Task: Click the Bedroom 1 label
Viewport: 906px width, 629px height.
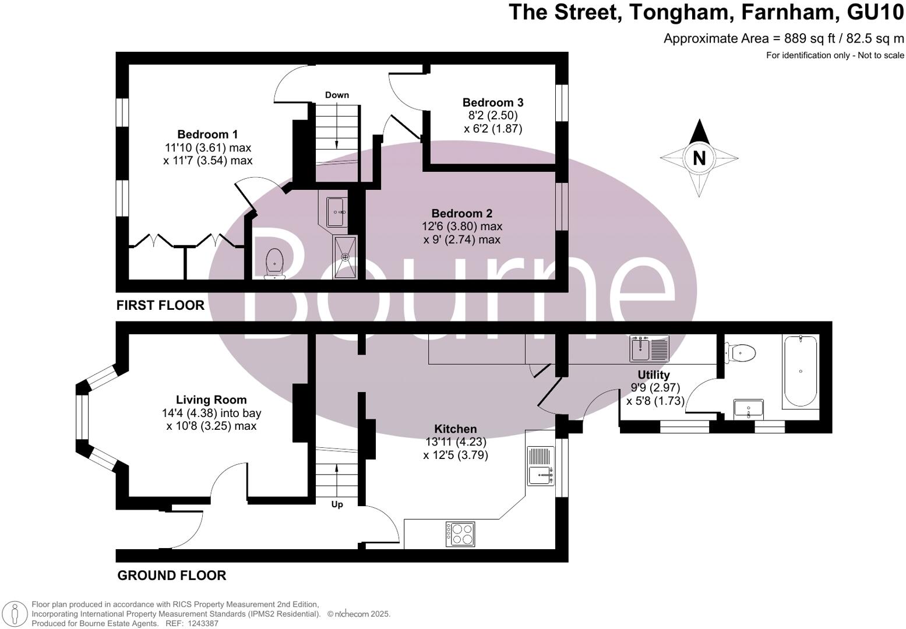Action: (x=207, y=135)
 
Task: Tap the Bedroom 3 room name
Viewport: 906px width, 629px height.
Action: (x=492, y=103)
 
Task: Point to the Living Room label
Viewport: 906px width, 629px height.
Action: (x=211, y=400)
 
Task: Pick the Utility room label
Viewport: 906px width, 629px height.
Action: (x=653, y=374)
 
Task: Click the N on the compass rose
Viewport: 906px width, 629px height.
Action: (x=699, y=158)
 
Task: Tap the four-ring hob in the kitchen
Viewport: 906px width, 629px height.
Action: (x=460, y=533)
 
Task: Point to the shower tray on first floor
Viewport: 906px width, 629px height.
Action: (x=345, y=257)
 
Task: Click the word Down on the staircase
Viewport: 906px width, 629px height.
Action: (x=337, y=95)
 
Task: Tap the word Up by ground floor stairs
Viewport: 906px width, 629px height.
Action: (x=337, y=504)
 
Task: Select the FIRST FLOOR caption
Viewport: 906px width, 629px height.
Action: (x=160, y=305)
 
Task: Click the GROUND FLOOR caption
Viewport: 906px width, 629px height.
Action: (x=171, y=575)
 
